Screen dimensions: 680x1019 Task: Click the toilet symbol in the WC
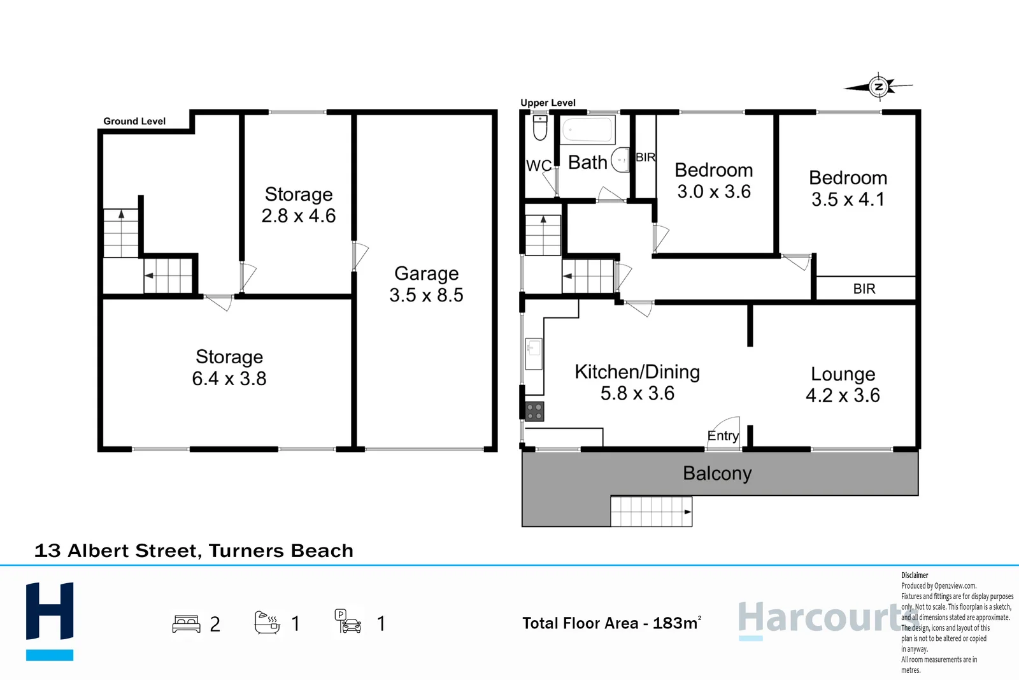click(539, 127)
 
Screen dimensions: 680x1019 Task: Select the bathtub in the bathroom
click(587, 130)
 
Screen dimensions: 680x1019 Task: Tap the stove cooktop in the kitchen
click(534, 412)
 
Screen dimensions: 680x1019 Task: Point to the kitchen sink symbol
click(534, 349)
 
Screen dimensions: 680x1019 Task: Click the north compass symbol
click(879, 86)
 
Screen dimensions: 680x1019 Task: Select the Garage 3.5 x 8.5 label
click(426, 284)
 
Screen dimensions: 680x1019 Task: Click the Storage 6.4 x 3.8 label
click(229, 367)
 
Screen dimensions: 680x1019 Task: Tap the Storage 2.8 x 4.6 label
click(298, 205)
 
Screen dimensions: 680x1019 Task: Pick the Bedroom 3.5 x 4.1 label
click(848, 188)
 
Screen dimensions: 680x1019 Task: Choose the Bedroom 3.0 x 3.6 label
click(713, 180)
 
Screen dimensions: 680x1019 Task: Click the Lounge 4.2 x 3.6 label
click(843, 384)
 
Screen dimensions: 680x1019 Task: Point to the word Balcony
click(717, 474)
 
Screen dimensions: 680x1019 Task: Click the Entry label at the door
click(723, 436)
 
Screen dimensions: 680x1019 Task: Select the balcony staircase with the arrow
click(651, 511)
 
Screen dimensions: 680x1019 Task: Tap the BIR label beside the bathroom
click(645, 157)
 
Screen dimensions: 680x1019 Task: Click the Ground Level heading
click(134, 121)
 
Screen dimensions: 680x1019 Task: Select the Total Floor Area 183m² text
click(611, 623)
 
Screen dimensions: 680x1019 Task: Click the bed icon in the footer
click(186, 623)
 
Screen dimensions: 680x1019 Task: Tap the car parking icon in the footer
click(348, 621)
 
